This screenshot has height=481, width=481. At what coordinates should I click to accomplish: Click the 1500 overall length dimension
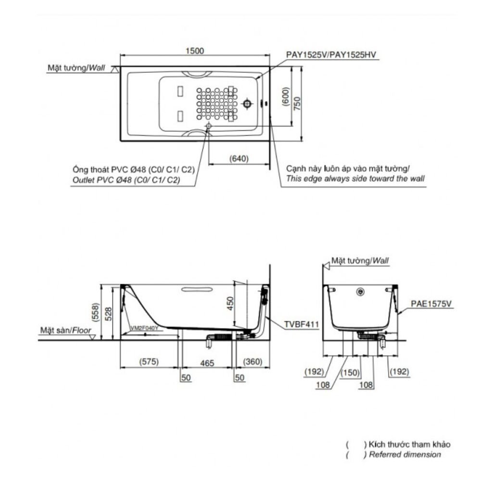[x=195, y=51]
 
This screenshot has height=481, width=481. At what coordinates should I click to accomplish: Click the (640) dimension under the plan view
[x=239, y=158]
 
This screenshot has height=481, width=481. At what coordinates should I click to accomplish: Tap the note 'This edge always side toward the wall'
[x=355, y=178]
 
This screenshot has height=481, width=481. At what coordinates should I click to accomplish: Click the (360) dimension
[x=253, y=362]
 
